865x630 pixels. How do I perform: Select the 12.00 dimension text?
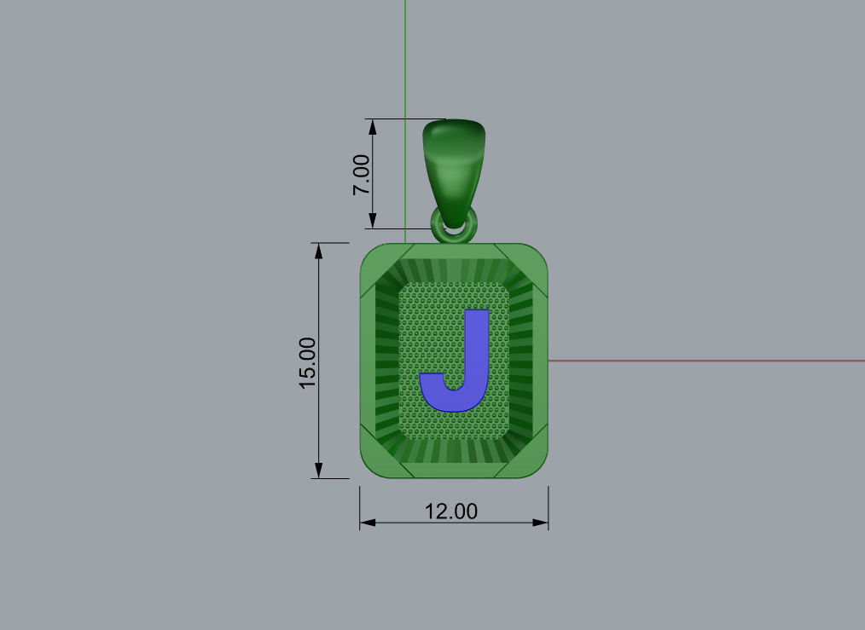click(451, 512)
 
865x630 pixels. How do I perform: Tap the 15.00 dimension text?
click(307, 362)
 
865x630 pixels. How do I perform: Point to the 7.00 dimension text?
click(362, 175)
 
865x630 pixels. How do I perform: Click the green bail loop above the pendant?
click(455, 162)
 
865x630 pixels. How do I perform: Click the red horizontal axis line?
click(708, 361)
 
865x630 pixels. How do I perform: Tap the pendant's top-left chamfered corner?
click(375, 261)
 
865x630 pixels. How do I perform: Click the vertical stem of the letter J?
click(476, 341)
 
